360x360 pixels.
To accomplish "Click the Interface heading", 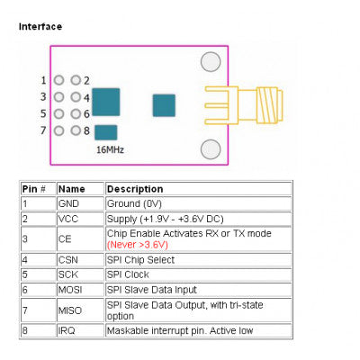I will [x=40, y=27].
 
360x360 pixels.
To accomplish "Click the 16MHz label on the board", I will [x=110, y=149].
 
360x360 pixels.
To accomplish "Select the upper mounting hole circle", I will [x=211, y=61].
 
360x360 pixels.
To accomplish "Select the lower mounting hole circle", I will [x=211, y=149].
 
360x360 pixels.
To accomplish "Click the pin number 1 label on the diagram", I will [x=44, y=80].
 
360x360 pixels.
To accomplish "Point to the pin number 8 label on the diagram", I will [x=86, y=130].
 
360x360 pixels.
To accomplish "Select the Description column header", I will [x=135, y=189].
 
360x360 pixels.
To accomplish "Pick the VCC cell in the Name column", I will [x=68, y=218].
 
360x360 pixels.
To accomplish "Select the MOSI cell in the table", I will [x=71, y=290].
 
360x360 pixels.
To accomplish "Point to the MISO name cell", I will [x=70, y=310].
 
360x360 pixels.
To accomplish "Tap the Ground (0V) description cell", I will [x=136, y=203].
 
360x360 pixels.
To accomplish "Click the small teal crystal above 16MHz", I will [x=104, y=132].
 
